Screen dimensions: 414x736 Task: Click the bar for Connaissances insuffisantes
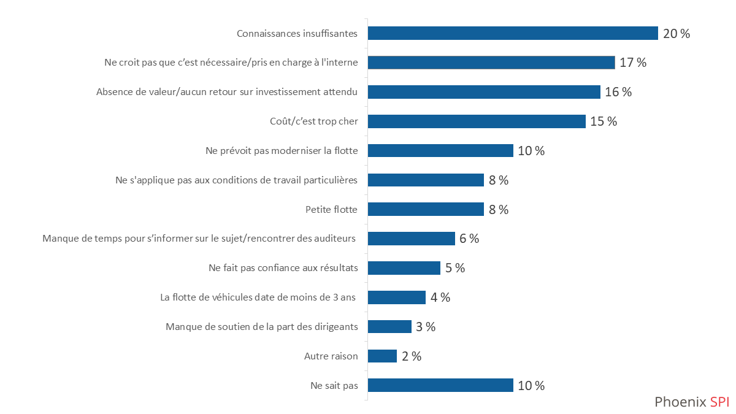513,33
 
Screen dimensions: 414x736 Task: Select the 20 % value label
677,34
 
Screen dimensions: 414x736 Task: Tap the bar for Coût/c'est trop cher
477,121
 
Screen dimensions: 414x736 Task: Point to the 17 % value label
633,63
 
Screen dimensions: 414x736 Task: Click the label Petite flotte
331,210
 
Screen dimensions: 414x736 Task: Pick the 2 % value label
412,356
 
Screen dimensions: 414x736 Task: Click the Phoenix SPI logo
692,402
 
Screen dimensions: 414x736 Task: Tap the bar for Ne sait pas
440,385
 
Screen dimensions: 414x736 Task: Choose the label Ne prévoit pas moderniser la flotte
281,151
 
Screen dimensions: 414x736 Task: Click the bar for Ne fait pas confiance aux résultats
404,268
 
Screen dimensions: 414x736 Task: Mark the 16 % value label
618,92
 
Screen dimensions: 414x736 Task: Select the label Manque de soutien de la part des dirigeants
262,327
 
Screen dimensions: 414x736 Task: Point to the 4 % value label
440,297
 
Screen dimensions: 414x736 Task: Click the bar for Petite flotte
426,210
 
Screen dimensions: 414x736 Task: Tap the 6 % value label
469,239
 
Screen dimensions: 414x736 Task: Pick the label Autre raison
331,356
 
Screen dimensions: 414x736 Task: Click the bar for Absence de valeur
484,92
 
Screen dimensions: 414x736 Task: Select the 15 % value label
604,121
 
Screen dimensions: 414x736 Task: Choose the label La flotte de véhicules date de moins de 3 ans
258,297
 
